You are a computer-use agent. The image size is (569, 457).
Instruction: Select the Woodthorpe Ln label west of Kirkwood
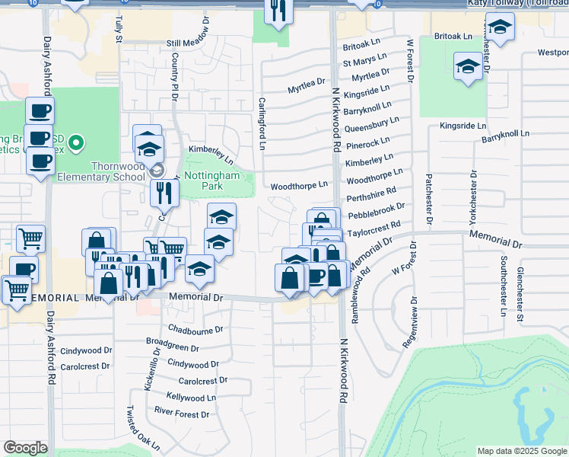pos(299,185)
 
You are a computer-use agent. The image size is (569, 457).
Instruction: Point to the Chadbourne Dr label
pos(195,330)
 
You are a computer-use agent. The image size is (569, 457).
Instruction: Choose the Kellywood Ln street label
pos(192,397)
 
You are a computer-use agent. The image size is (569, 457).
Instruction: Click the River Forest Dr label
pos(182,414)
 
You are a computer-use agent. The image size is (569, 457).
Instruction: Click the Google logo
pos(26,447)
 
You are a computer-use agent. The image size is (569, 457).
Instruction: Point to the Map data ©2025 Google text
pos(521,451)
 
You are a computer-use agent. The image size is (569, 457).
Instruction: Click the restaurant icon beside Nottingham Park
pos(164,193)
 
